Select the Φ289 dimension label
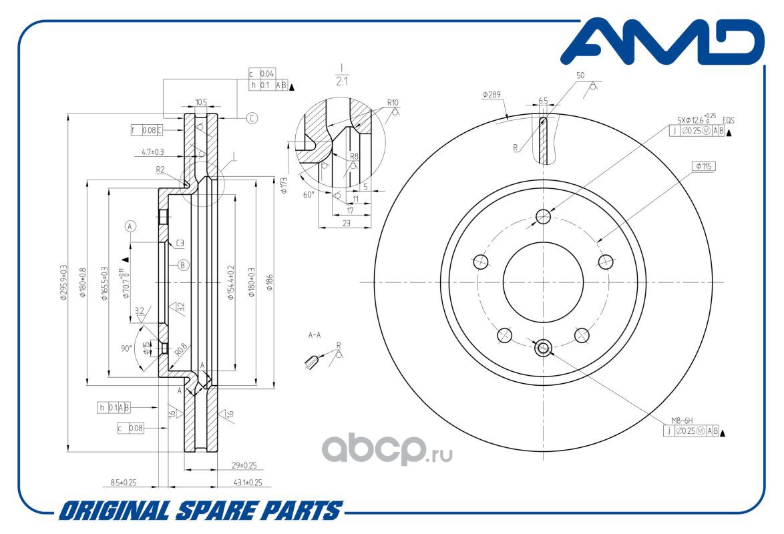[492, 95]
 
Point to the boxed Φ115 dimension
[704, 166]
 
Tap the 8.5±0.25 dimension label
[124, 482]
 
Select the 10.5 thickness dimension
[200, 102]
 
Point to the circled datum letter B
[184, 264]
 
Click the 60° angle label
[308, 194]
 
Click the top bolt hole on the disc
[544, 216]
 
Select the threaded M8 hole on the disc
[544, 347]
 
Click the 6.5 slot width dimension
[543, 100]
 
